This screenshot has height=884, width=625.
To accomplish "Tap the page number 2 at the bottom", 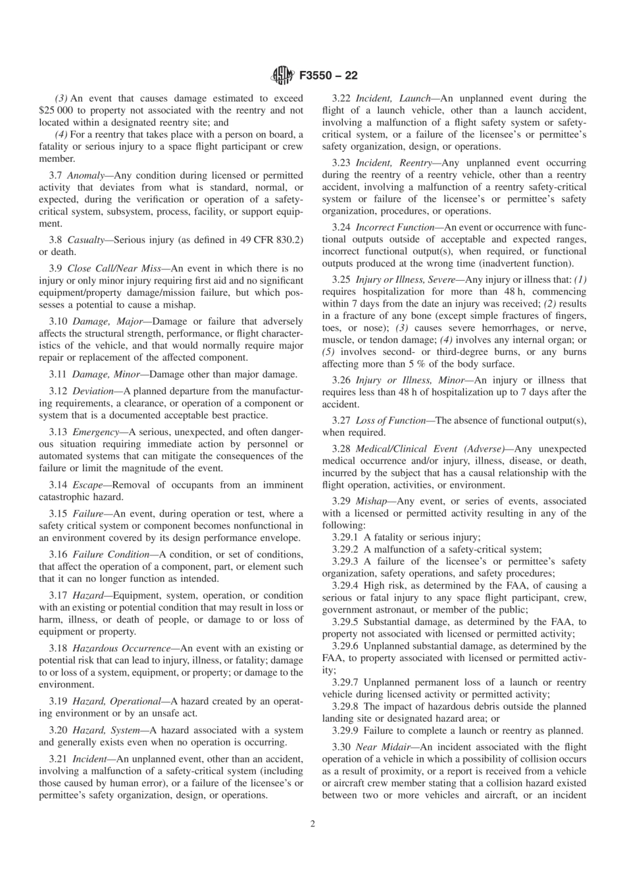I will click(312, 824).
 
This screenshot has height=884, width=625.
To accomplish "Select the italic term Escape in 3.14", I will click(87, 485).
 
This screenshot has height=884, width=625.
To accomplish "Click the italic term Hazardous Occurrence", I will click(122, 649).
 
